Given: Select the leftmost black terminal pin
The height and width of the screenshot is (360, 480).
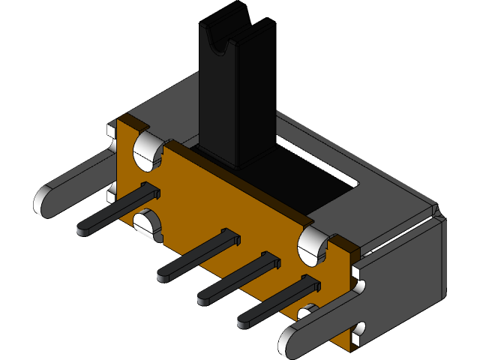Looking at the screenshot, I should [112, 214].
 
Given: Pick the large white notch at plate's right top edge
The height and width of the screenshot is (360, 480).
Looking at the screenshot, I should [313, 246].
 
